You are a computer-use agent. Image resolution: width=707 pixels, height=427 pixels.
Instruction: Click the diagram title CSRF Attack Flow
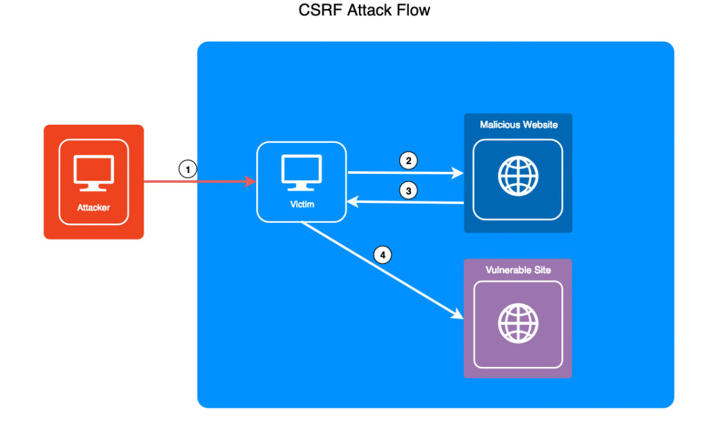[365, 11]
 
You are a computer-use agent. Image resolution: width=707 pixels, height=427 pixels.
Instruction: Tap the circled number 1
[188, 168]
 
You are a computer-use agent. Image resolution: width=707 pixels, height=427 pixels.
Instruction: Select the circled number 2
[409, 161]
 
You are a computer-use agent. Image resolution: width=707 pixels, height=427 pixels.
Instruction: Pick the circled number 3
[409, 191]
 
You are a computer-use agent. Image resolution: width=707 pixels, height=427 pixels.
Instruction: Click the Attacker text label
[93, 207]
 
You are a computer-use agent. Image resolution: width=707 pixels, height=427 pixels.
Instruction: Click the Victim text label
[301, 204]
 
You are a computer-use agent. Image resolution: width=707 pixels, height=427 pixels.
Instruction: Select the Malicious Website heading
[519, 124]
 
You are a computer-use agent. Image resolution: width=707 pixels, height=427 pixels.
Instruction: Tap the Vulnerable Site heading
[518, 270]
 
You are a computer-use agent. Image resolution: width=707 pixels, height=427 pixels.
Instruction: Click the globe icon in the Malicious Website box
[518, 177]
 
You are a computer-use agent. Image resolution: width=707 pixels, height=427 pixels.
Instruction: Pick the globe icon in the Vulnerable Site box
[518, 323]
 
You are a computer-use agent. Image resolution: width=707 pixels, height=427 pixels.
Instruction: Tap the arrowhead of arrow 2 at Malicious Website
[458, 174]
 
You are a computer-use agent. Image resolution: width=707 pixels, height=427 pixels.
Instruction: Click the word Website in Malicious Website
[538, 124]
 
